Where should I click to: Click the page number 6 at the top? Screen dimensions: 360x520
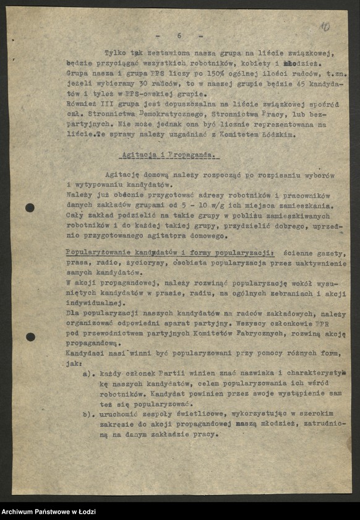(179, 36)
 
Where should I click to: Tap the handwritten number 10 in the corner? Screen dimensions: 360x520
(325, 27)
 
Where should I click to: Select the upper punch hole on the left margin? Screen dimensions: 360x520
(30, 208)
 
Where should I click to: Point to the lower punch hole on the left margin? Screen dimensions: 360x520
(30, 337)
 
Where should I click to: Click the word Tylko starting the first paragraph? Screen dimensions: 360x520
(116, 53)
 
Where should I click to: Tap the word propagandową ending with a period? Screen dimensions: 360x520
(90, 344)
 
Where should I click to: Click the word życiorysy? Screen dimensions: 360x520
(131, 263)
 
